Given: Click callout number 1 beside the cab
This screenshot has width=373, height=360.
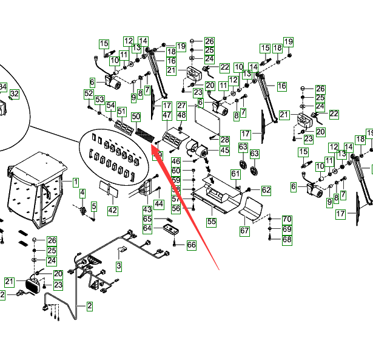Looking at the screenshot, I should pos(76,182).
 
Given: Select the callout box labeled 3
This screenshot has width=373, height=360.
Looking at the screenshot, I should pos(119,266).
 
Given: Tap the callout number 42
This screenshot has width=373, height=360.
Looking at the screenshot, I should pos(112,210).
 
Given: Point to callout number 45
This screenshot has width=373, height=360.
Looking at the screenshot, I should pos(224,150).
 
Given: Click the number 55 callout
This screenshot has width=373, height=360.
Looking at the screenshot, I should pos(211,222).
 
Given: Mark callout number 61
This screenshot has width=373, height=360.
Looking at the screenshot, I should pos(235,175).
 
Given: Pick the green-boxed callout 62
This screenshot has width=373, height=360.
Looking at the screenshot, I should pos(266,191).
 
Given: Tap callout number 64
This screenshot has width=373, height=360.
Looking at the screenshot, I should pos(147,228).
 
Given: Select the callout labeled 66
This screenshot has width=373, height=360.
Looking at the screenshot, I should pos(191,245).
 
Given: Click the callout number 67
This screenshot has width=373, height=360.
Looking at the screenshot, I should pos(244,231).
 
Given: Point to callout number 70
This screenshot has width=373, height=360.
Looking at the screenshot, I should pos(287,219).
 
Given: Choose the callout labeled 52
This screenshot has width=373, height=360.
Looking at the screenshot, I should pos(89,93).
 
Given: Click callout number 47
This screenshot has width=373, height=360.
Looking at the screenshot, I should pos(167,115).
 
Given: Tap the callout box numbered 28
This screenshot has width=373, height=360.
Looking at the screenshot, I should pos(224,140).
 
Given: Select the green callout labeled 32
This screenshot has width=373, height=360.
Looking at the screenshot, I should pos(14,94).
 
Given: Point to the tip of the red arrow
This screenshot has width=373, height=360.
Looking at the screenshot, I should pos(152,143).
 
